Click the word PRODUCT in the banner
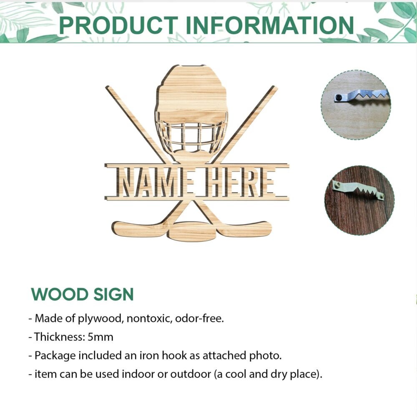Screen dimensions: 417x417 click(118, 25)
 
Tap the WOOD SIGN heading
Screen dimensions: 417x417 click(83, 294)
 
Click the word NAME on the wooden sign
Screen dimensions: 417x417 click(155, 182)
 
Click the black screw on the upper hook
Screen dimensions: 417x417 click(339, 98)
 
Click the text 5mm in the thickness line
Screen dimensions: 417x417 click(100, 337)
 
